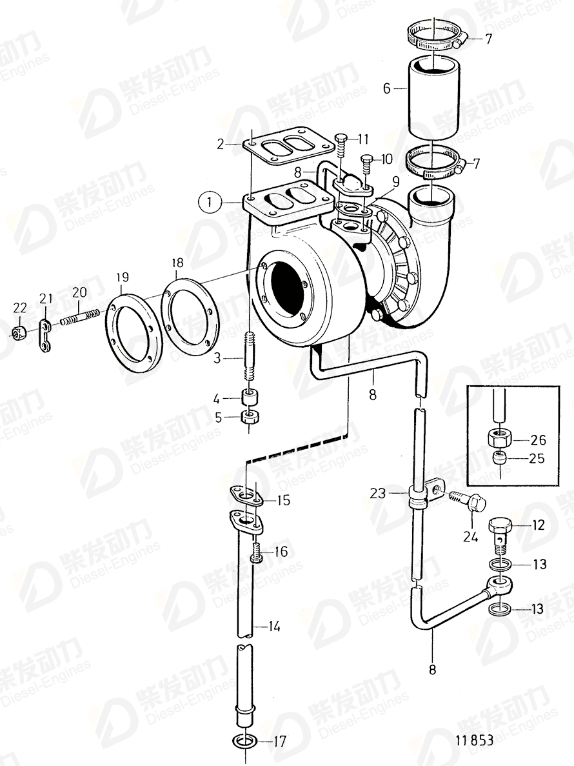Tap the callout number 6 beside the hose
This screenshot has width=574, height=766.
387,88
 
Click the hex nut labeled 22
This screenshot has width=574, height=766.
19,332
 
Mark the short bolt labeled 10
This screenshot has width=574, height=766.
366,163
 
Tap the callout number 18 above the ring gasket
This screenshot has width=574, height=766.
177,263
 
